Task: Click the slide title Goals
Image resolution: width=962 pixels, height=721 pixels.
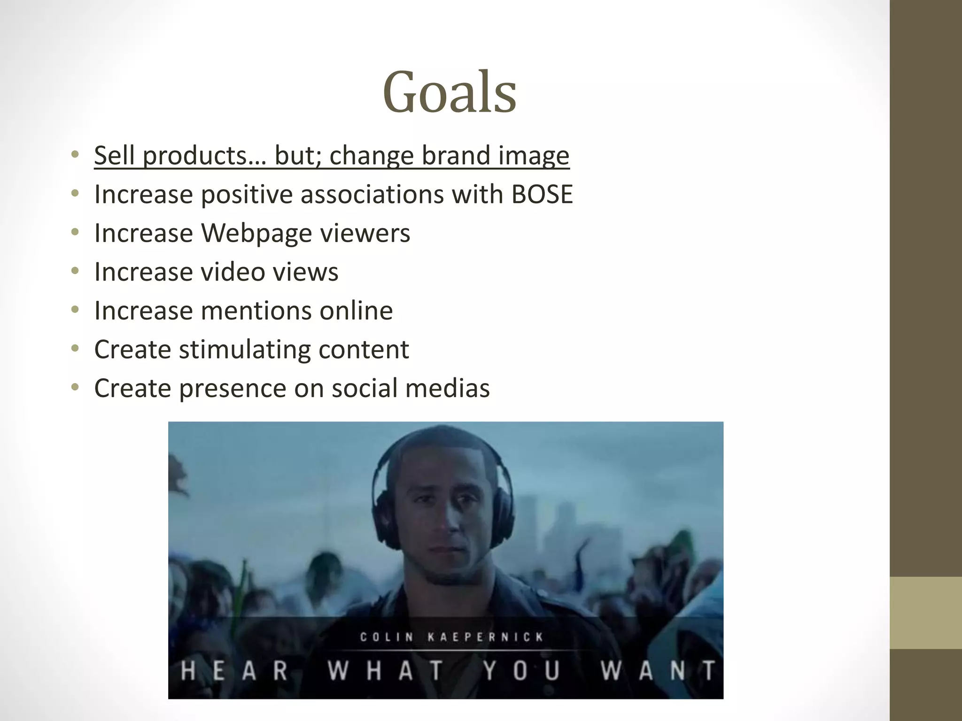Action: [450, 92]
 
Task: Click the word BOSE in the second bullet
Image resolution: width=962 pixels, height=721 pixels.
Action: [542, 194]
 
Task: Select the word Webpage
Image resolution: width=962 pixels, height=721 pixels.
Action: [256, 233]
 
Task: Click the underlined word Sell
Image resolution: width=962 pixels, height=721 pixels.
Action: [114, 155]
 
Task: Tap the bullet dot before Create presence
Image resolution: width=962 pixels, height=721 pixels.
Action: [75, 388]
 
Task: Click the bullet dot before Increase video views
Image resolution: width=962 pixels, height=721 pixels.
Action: [75, 271]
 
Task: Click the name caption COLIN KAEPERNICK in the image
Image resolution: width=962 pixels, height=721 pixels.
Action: [451, 637]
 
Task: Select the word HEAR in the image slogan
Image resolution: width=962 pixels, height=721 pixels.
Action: [234, 670]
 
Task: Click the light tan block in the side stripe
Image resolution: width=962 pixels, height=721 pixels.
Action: [926, 613]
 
